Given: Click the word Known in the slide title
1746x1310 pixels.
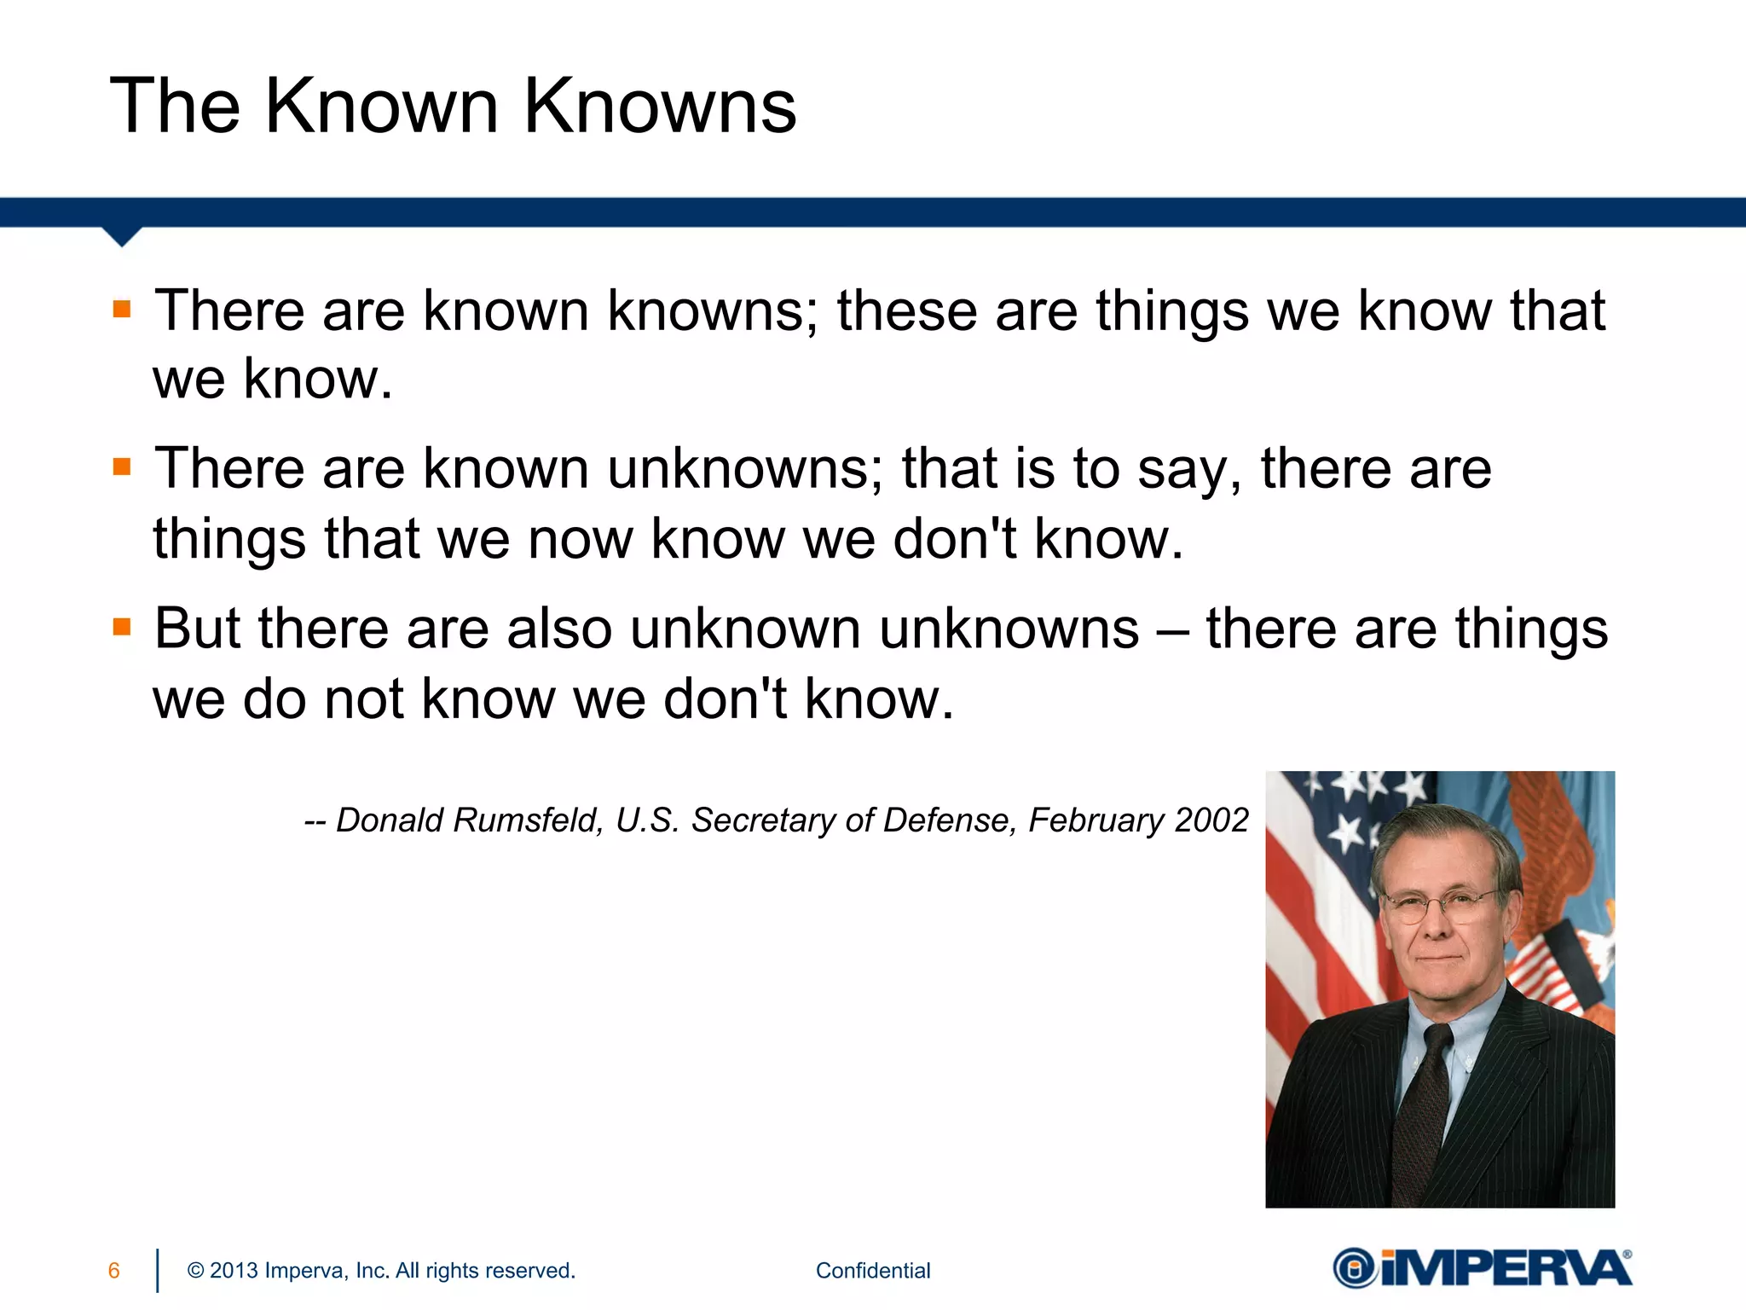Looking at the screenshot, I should coord(381,107).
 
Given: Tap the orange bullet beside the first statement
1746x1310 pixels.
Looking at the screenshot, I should coord(122,309).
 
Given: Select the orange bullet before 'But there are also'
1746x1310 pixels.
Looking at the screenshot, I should coord(122,628).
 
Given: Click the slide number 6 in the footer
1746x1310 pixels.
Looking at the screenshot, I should coord(114,1271).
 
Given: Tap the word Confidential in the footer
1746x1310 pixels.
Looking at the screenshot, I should coord(873,1271).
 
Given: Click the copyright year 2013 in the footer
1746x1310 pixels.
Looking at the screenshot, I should coord(234,1271).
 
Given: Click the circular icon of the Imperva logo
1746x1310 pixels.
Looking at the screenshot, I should coord(1354,1269).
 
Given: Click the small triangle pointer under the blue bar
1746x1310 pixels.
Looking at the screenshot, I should coord(122,236).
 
